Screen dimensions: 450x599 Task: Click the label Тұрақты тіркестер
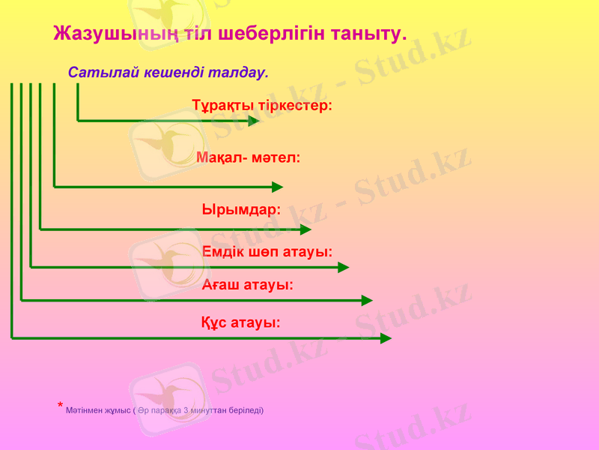(262, 105)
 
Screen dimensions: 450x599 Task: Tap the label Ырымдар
(241, 209)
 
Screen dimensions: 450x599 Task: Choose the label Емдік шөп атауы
(267, 251)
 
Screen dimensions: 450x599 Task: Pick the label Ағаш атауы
(247, 285)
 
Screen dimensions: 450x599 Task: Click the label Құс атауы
(241, 322)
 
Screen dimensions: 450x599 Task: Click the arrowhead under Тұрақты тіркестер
(253, 120)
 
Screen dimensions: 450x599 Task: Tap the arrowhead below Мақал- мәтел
(277, 187)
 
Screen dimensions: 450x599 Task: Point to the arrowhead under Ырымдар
(305, 229)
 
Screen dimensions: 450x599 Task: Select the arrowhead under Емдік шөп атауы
(343, 267)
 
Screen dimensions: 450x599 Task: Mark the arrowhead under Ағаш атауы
(367, 300)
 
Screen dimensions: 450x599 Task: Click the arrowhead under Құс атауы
(386, 338)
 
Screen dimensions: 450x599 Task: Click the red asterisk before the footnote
(60, 406)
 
